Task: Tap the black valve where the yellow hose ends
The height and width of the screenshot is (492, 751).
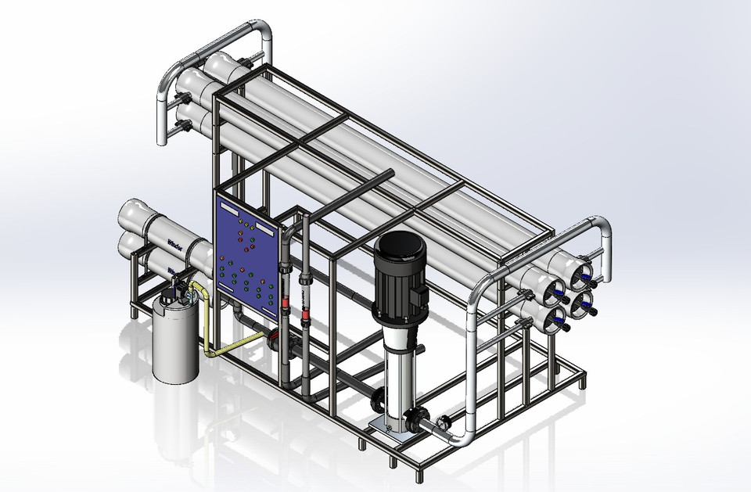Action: coord(273,339)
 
